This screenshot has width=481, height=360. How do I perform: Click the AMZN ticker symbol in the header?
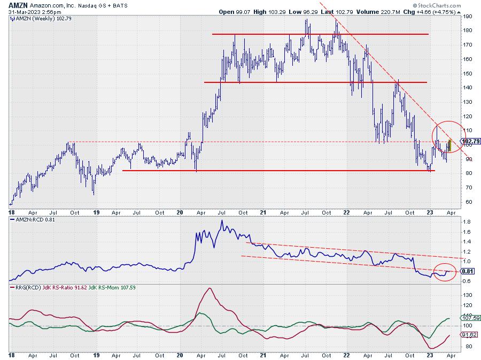click(18, 4)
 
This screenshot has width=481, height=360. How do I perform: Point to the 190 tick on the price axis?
click(467, 17)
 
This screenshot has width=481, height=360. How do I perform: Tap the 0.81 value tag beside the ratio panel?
click(466, 271)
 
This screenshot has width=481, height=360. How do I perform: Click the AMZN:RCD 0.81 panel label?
click(32, 220)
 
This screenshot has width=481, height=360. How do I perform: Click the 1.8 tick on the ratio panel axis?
click(466, 221)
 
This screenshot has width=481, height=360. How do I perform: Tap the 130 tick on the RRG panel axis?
click(467, 295)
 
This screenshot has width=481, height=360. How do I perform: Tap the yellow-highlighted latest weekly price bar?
click(451, 145)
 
